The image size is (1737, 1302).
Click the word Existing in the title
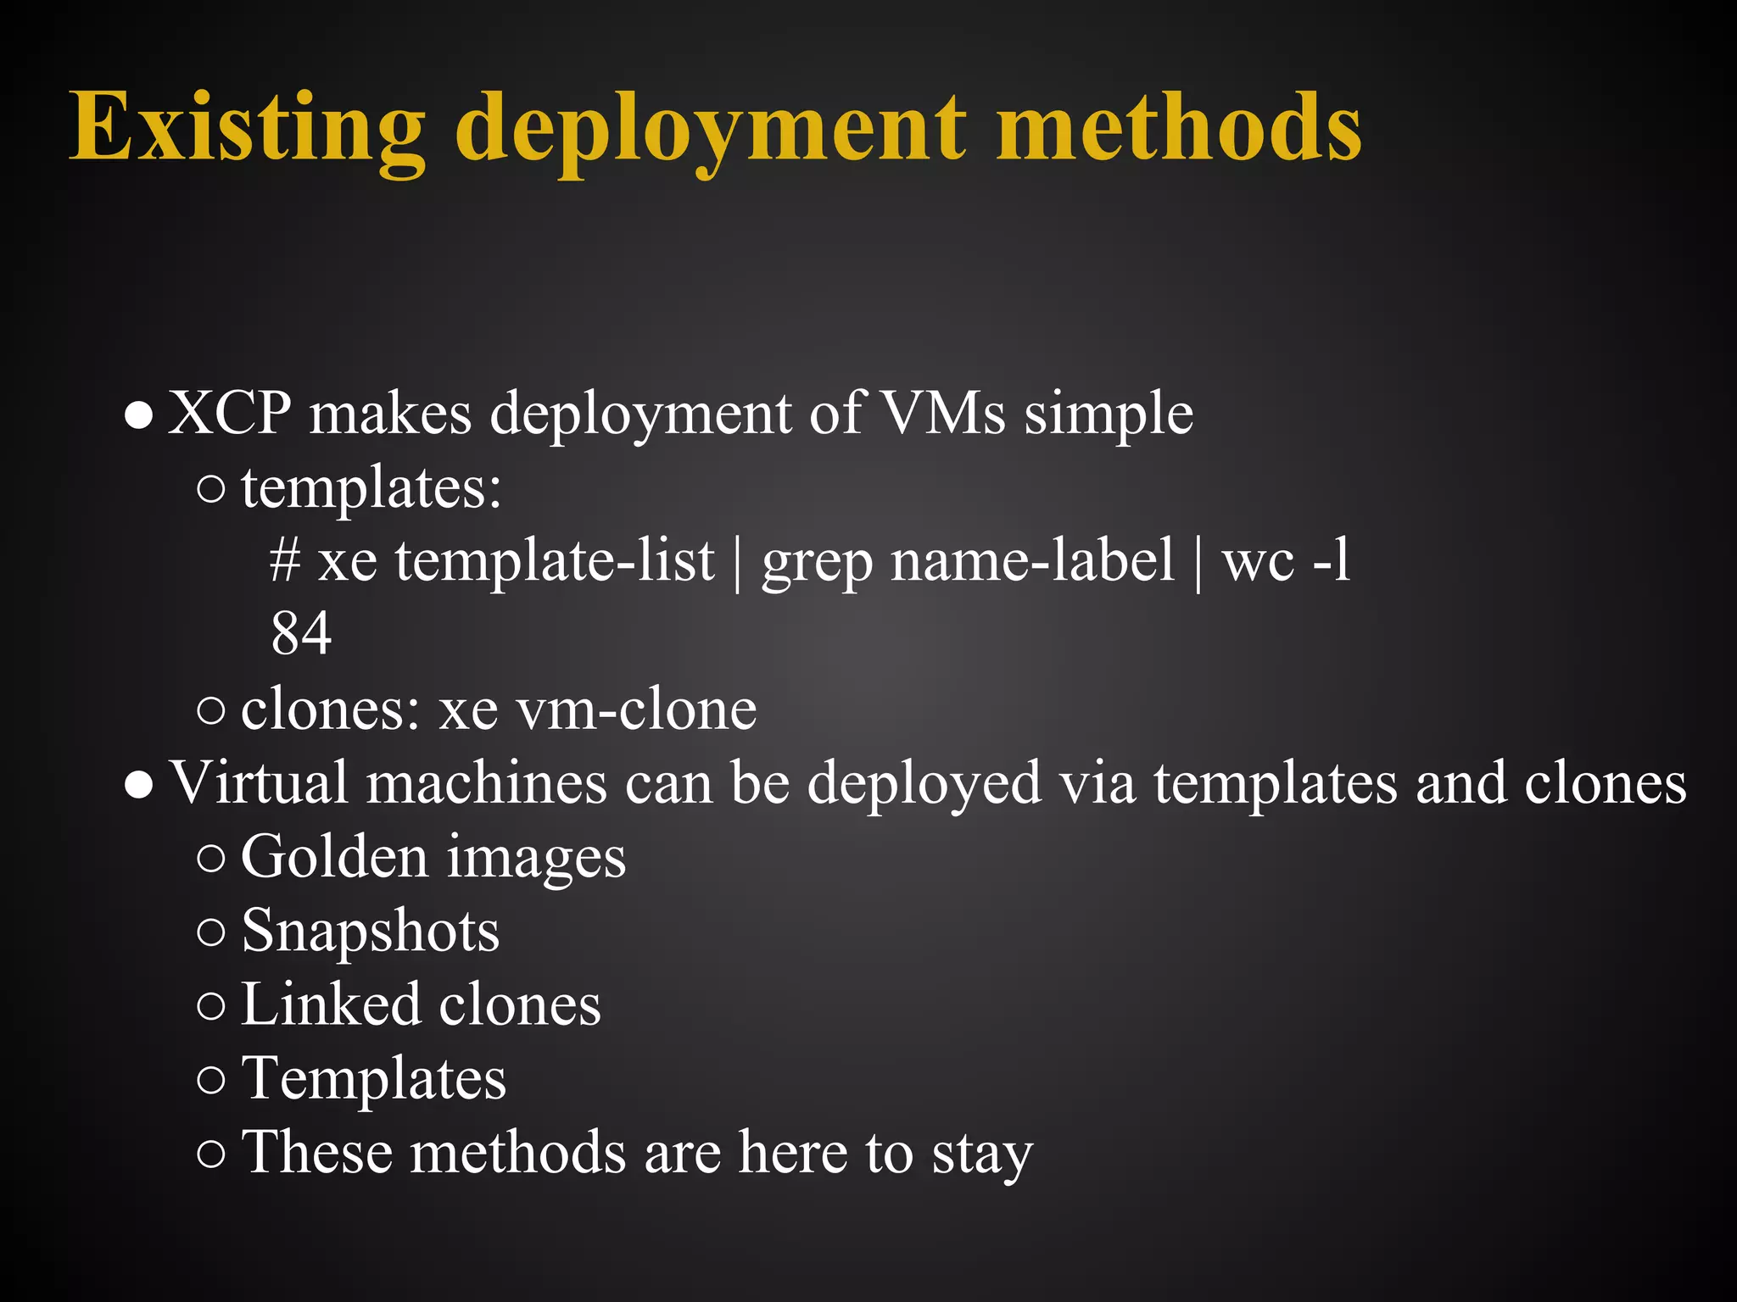click(x=247, y=127)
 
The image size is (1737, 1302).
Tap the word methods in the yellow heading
click(x=1179, y=127)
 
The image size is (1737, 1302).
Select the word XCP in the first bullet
click(x=230, y=414)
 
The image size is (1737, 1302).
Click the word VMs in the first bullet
click(x=942, y=414)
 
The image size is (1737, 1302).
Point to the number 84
click(x=301, y=633)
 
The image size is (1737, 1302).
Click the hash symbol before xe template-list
click(x=285, y=561)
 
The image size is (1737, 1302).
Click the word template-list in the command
click(x=555, y=561)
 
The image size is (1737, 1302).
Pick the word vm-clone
click(x=636, y=709)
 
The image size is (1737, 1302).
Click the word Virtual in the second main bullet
click(x=259, y=782)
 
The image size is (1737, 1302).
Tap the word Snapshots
click(x=371, y=932)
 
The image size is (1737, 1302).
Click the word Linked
click(x=331, y=1004)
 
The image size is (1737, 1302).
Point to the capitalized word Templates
click(x=374, y=1079)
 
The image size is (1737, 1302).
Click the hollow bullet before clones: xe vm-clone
click(x=210, y=710)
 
